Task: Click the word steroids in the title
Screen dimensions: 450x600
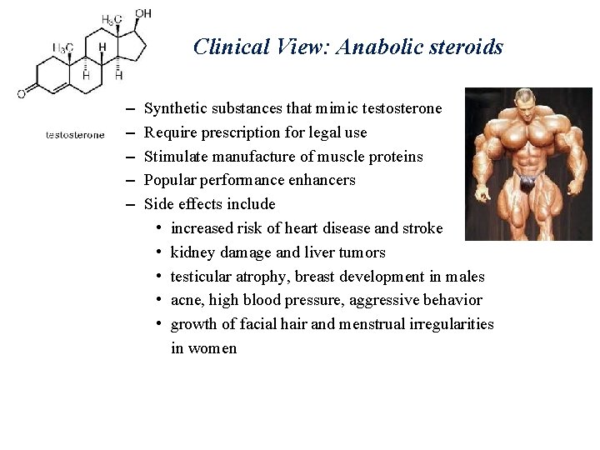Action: point(467,47)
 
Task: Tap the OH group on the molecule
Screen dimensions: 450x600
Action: point(143,13)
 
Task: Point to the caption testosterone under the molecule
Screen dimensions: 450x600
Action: point(75,134)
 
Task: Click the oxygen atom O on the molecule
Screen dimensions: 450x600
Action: point(21,93)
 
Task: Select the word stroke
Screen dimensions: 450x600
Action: point(422,228)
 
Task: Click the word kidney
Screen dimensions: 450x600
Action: point(192,252)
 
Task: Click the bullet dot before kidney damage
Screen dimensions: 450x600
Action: point(157,252)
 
